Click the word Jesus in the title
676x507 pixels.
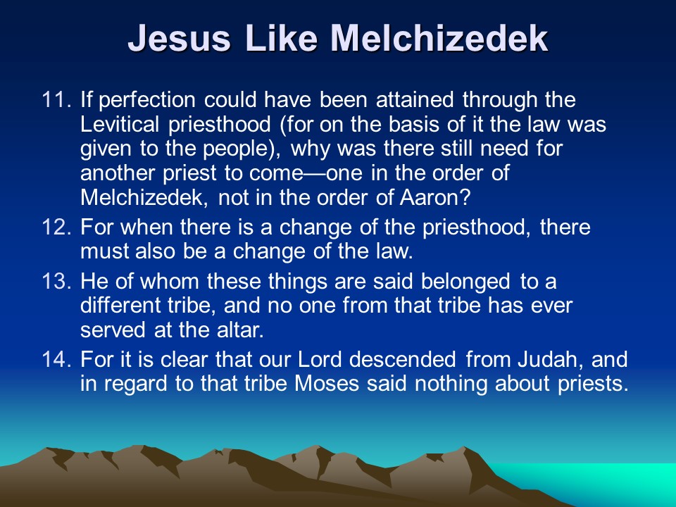[180, 38]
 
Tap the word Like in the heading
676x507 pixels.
[282, 37]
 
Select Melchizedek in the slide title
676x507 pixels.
[439, 37]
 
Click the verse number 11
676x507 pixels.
[56, 99]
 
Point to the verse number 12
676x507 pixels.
[56, 227]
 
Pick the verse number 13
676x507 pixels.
[56, 281]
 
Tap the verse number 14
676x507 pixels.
[56, 359]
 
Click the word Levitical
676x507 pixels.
[120, 124]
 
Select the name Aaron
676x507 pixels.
[434, 198]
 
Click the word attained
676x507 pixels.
[415, 99]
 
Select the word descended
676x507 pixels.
[403, 359]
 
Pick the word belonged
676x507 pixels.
[465, 282]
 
